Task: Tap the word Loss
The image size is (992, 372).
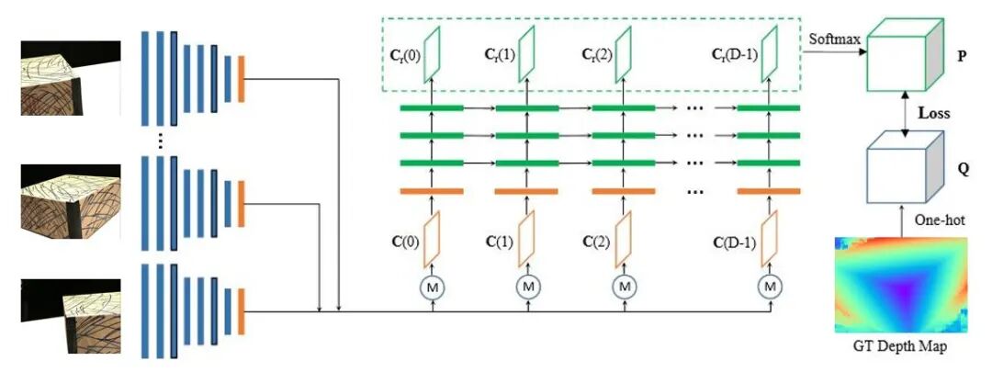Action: point(934,115)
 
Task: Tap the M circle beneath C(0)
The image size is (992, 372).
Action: point(431,287)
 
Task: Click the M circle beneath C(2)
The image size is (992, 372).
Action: point(625,287)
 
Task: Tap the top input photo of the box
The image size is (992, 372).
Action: point(71,78)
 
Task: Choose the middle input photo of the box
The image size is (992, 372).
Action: point(71,195)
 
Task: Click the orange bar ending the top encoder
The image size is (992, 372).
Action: point(241,79)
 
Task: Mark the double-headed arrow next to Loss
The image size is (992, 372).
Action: point(907,115)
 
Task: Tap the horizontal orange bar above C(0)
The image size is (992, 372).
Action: point(431,191)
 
